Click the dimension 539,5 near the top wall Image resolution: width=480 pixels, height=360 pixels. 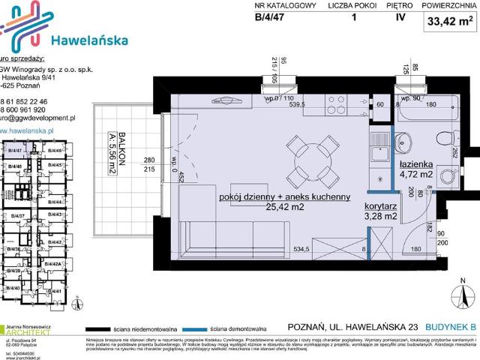292,105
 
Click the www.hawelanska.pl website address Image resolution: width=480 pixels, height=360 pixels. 30,129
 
